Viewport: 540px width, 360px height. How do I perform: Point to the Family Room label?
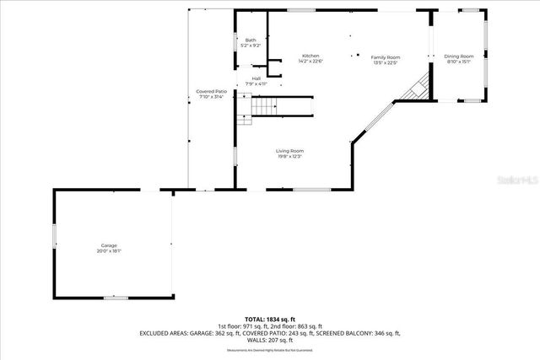[x=386, y=56]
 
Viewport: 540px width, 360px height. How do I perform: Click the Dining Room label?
[x=459, y=56]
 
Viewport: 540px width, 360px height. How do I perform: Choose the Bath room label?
[x=251, y=40]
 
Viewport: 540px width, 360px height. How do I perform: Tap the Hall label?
[x=256, y=79]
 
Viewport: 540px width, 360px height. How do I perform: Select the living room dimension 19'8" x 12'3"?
[x=289, y=156]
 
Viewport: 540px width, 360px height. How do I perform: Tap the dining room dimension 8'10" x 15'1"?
[x=459, y=62]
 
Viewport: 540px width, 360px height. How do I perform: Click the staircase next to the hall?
[x=264, y=106]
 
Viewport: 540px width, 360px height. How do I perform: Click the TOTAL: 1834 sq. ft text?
[x=270, y=320]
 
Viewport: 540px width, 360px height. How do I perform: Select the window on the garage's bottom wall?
[x=116, y=297]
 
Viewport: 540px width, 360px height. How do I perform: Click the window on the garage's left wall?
[x=55, y=235]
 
